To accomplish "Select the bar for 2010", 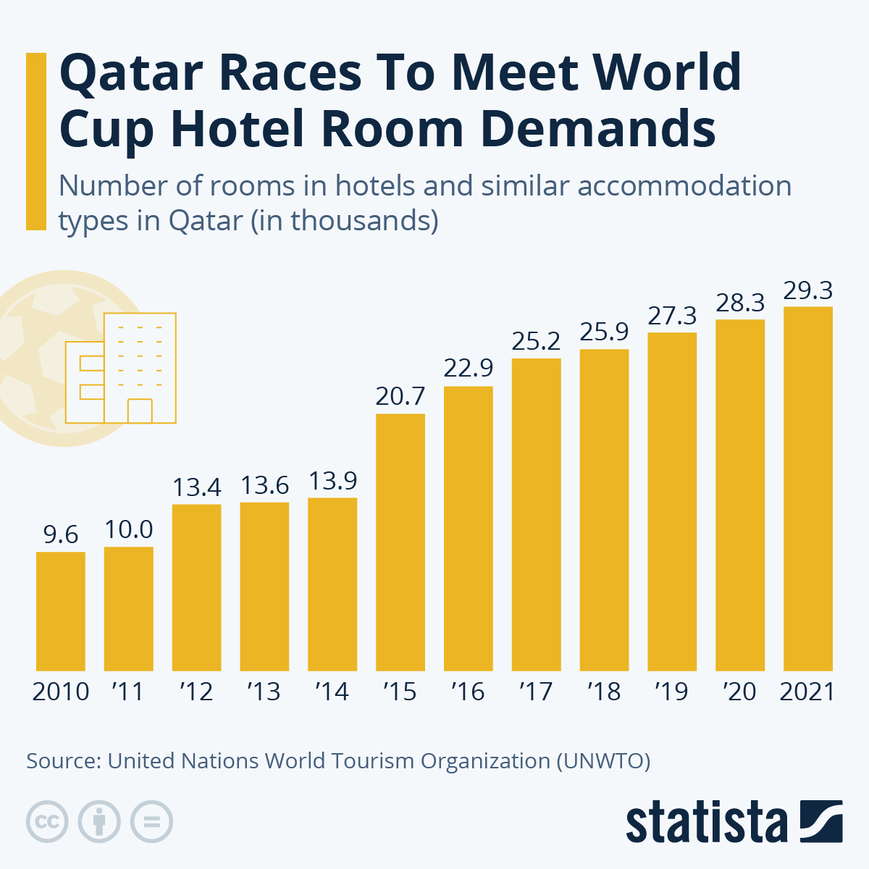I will [x=61, y=611].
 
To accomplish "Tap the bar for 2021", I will [x=807, y=488].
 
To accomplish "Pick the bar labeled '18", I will [x=604, y=510].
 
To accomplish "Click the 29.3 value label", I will [x=807, y=291].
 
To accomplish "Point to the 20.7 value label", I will [x=400, y=397].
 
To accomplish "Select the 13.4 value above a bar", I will [x=197, y=487].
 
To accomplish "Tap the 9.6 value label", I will [x=61, y=534].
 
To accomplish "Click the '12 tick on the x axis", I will [x=197, y=692].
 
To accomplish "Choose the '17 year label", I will [x=536, y=692].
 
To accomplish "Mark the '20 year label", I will [x=739, y=692].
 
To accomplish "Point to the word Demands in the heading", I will [x=598, y=130].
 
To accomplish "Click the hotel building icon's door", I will [x=140, y=411].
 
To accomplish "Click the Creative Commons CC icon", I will [x=47, y=822].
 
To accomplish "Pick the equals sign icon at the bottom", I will [x=151, y=822].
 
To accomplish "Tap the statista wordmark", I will [x=706, y=823].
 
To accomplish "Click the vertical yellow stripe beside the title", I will [x=36, y=141].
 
